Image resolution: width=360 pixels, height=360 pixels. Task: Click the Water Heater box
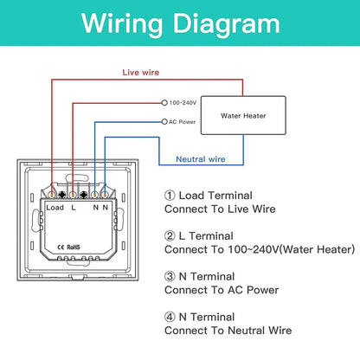pos(243,115)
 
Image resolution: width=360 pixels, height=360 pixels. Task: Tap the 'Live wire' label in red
pos(141,73)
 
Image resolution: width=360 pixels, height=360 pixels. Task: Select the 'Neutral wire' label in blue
pos(201,159)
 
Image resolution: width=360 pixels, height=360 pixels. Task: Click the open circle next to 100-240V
pos(164,103)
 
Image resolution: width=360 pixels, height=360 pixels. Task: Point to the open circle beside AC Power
pos(164,122)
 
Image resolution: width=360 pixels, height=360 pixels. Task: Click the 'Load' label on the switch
pos(55,208)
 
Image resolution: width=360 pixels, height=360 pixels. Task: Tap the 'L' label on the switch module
pos(74,208)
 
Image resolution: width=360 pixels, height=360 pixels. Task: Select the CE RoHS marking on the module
pos(68,247)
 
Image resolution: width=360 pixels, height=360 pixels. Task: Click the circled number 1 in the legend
pos(170,196)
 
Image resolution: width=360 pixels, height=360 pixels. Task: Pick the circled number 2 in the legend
pos(170,236)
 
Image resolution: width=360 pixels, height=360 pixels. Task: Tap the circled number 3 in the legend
pos(170,276)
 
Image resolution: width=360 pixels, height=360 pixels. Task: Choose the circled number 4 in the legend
pos(170,317)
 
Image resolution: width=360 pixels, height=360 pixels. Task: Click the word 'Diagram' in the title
pos(227,24)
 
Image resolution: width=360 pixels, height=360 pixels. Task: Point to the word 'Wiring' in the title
pos(122,24)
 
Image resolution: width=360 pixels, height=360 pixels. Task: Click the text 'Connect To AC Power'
pos(222,290)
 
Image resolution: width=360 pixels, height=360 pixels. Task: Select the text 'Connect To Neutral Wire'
pos(228,331)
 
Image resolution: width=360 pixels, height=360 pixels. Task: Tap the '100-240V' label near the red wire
pos(183,103)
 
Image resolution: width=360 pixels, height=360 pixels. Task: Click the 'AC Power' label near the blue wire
pos(182,122)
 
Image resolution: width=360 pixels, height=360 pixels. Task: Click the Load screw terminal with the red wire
pos(52,195)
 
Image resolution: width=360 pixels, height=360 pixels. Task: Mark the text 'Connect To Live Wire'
pos(220,209)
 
